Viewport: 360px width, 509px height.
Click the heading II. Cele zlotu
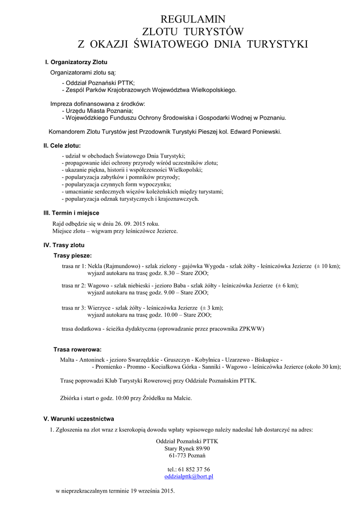(x=62, y=146)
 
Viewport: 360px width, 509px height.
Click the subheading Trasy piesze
(x=73, y=255)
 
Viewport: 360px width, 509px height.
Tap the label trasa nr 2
(x=74, y=286)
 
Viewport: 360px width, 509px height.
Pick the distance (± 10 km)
(x=327, y=266)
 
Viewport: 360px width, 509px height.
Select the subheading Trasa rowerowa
(x=77, y=349)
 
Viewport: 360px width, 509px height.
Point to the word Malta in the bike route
(x=67, y=359)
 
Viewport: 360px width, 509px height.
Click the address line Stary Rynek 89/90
(x=187, y=448)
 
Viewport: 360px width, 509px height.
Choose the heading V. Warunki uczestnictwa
(x=79, y=419)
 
